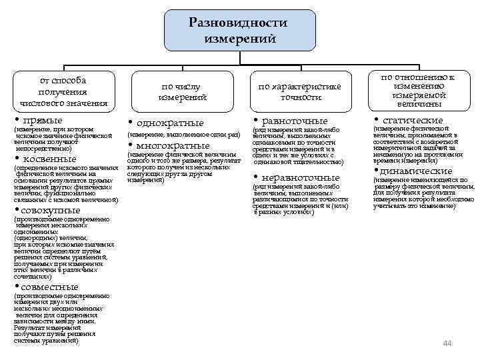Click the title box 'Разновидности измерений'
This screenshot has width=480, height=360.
click(238, 31)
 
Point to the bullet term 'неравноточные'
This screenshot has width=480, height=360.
click(302, 177)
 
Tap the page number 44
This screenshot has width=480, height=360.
click(447, 343)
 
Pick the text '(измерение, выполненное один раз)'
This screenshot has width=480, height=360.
click(183, 135)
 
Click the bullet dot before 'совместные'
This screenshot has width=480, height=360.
click(16, 287)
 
